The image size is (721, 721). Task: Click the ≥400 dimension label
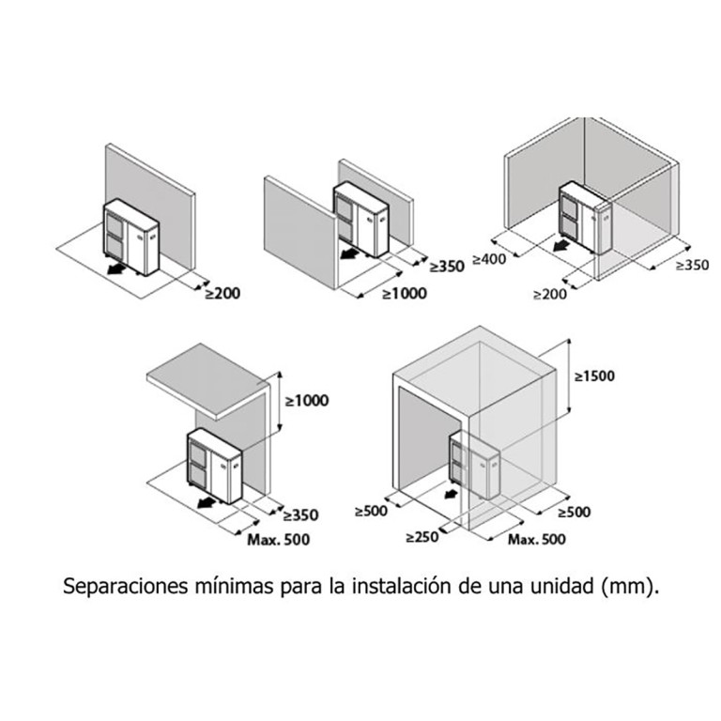(x=489, y=259)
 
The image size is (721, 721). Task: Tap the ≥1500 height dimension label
(x=594, y=376)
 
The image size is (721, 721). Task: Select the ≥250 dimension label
(x=422, y=537)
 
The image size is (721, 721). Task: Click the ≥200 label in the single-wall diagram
(x=223, y=293)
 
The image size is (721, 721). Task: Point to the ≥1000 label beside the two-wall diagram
(x=405, y=293)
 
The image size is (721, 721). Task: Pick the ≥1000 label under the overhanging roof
(x=307, y=401)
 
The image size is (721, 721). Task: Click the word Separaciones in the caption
(x=125, y=586)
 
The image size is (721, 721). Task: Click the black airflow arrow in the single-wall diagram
(x=116, y=269)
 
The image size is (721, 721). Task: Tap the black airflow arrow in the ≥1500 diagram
(x=451, y=494)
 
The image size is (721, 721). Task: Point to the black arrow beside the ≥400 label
(x=561, y=247)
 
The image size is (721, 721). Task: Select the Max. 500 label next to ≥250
(x=537, y=540)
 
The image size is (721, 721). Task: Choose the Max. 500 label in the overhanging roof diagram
(x=279, y=540)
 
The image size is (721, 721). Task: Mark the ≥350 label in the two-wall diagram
(x=447, y=267)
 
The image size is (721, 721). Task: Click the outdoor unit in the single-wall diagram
(x=131, y=238)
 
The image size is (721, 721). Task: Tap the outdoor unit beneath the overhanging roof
(x=214, y=467)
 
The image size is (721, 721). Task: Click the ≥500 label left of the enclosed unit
(x=371, y=511)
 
